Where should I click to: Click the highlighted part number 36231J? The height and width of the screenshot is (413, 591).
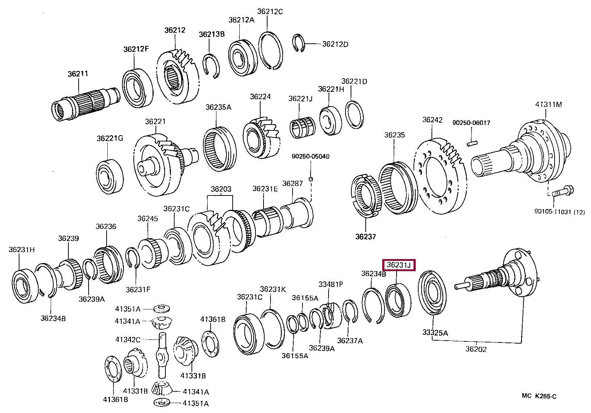399,265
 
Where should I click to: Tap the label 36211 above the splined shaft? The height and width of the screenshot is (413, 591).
78,74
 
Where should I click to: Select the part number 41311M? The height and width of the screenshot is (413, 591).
548,104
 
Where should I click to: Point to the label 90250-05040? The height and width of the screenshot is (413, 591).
311,156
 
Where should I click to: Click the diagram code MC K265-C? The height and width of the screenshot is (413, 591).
539,396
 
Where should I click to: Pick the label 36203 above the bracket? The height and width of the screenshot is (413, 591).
221,189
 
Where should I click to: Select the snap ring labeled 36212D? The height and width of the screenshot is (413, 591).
299,43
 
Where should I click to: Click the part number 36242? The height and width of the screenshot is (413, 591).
432,120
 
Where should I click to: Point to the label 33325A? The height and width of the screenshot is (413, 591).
435,333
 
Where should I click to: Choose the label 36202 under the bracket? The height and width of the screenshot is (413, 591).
476,349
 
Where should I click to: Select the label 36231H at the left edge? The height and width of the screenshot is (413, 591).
22,250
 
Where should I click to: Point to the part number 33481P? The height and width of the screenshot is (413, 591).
330,284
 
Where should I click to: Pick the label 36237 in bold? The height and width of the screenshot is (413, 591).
365,237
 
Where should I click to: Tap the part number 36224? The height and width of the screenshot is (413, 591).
260,97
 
